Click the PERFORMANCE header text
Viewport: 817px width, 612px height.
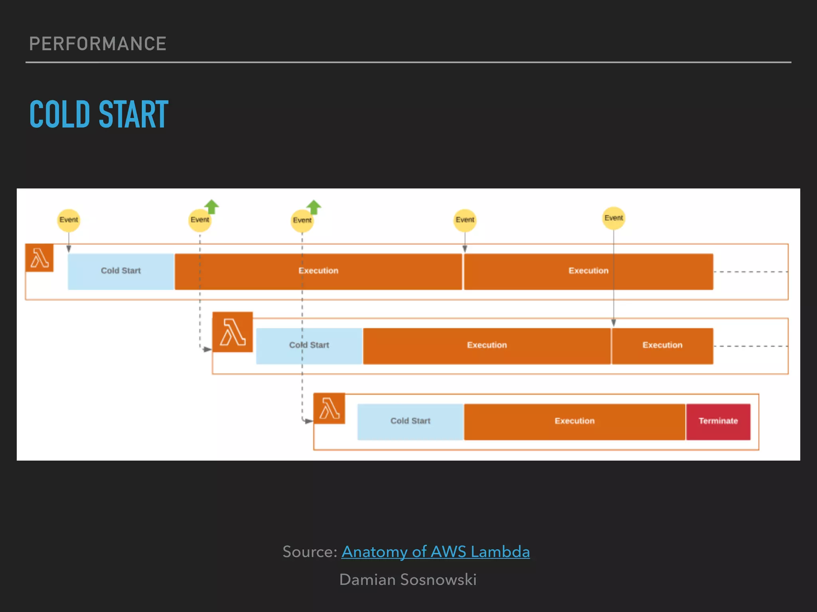point(98,44)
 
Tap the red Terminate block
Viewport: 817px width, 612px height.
point(718,421)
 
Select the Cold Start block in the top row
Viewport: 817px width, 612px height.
point(121,271)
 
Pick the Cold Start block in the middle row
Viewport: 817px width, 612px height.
point(309,345)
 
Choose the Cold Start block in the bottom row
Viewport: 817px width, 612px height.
point(410,421)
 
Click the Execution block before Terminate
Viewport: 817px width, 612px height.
point(574,421)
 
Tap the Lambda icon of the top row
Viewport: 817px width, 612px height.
point(39,258)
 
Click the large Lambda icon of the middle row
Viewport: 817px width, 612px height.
point(233,332)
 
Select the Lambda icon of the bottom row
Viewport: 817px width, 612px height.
point(329,408)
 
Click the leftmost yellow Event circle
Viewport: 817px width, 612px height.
point(69,220)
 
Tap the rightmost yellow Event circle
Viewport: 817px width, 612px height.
point(614,218)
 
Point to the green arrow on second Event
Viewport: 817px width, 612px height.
point(211,206)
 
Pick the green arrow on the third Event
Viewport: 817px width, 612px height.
point(314,207)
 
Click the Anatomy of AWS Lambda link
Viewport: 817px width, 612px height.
point(435,552)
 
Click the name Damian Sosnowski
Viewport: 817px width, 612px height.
point(408,580)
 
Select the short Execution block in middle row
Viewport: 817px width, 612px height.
point(662,345)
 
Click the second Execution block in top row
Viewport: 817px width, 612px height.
point(588,271)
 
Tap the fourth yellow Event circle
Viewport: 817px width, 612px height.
point(465,220)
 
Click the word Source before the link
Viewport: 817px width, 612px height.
point(310,552)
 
